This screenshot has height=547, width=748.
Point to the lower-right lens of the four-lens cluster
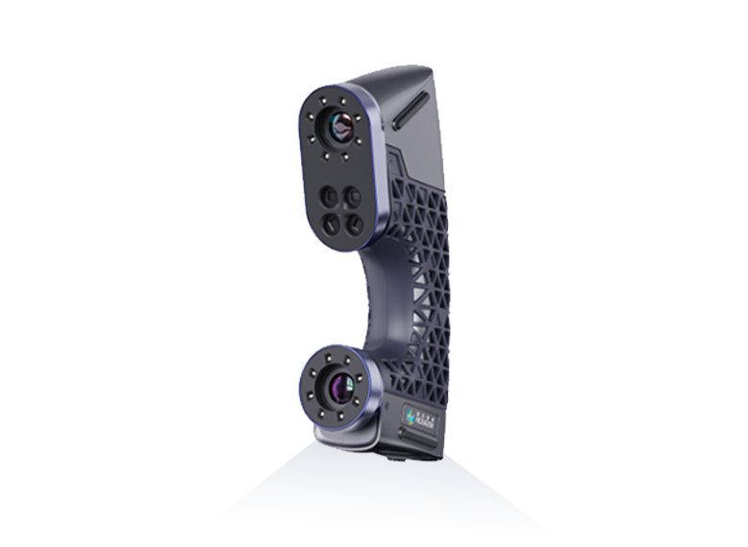click(353, 225)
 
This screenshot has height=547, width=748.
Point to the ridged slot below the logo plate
click(417, 437)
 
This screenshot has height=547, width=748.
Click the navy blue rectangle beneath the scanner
click(382, 489)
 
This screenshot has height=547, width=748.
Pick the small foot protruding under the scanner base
click(393, 456)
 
